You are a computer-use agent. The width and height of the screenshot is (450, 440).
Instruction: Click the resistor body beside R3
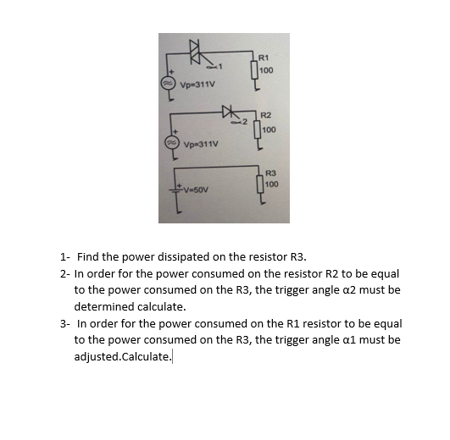coord(260,184)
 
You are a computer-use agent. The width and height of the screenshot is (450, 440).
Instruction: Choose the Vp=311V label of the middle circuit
coord(200,144)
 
